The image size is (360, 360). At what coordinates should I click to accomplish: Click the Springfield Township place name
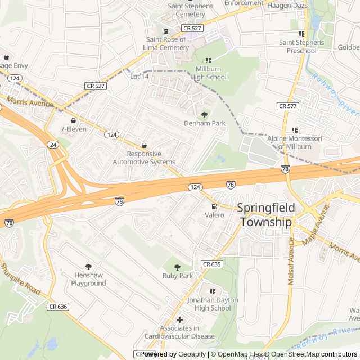(265, 214)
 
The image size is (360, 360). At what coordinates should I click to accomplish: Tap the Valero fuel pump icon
(214, 206)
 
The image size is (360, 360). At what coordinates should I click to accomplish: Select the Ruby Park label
(178, 276)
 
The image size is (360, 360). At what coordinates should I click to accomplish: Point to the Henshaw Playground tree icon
(88, 266)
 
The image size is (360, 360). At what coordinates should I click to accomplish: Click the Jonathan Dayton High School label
(213, 304)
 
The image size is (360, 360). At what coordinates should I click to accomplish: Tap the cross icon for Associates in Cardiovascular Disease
(179, 319)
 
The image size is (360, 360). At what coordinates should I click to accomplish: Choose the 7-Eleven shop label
(73, 129)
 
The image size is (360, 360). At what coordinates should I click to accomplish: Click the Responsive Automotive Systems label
(144, 157)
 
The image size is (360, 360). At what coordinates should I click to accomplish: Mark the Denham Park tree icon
(204, 114)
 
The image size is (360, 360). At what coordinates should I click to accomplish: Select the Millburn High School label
(208, 73)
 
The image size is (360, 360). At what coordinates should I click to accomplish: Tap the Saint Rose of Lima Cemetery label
(168, 43)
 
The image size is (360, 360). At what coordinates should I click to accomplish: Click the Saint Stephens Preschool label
(302, 47)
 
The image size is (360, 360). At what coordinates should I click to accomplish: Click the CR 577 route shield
(288, 106)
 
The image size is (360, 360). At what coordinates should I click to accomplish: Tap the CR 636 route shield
(58, 307)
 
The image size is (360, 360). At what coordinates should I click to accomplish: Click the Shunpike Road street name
(21, 280)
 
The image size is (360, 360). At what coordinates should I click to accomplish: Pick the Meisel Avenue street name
(291, 260)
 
